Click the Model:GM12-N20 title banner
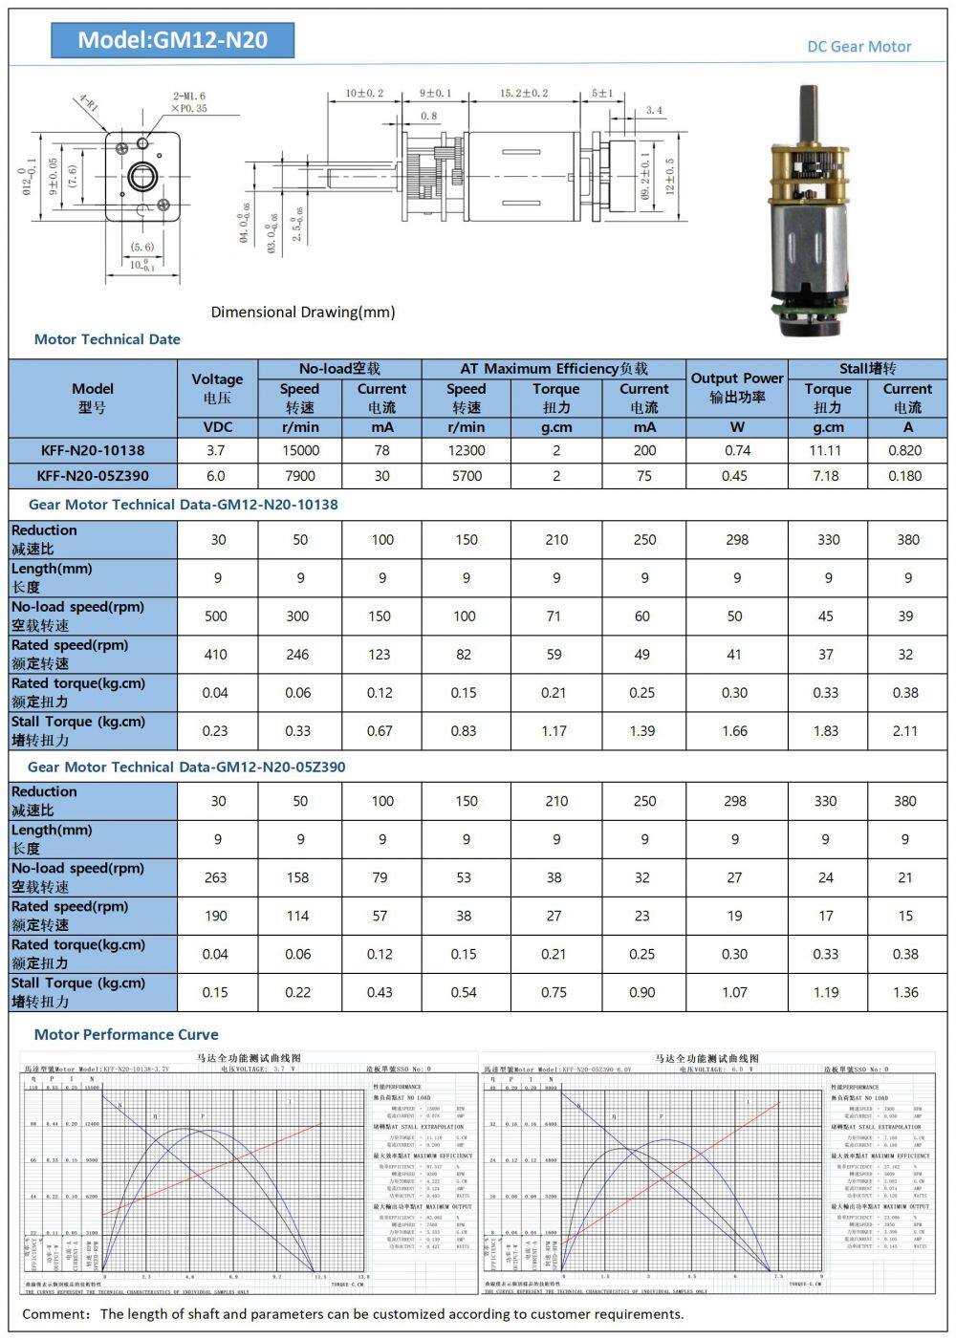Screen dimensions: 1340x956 (x=172, y=39)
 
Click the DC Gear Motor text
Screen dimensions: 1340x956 (x=858, y=46)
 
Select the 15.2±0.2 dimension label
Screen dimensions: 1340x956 (x=524, y=93)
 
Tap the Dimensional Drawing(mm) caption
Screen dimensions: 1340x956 (x=302, y=312)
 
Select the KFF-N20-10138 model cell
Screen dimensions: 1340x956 (x=93, y=450)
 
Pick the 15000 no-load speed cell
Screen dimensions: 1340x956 (x=299, y=450)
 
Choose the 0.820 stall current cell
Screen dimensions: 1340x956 (x=904, y=450)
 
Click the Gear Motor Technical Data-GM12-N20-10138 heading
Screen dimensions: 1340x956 (x=183, y=504)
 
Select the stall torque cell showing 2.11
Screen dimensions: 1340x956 (x=904, y=731)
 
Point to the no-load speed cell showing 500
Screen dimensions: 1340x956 (x=216, y=616)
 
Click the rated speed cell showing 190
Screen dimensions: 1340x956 (x=216, y=916)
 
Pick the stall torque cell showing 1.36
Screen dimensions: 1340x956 (x=904, y=992)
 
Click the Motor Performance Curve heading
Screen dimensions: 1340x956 (x=126, y=1034)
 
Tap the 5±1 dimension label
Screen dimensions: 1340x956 (x=602, y=93)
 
